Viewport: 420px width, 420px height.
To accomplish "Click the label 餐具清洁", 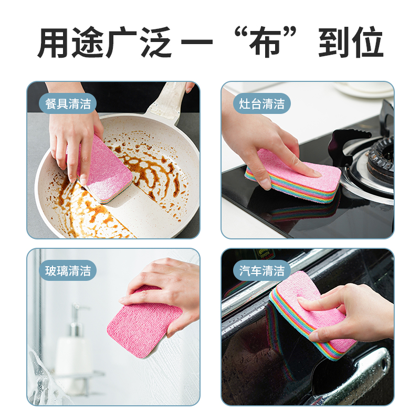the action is point(68,103).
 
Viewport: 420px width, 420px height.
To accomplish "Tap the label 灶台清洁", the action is point(261,103).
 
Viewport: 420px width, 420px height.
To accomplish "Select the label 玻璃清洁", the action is point(68,270).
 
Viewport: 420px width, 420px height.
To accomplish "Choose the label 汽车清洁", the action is point(261,270).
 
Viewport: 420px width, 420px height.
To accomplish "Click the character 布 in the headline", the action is point(265,43).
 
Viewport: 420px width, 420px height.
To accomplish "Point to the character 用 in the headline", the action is point(53,43).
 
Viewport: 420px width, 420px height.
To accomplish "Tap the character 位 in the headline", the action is point(367,43).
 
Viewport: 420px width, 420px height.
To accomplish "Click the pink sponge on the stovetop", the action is point(293,176).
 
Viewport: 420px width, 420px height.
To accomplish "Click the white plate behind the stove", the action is point(364,89).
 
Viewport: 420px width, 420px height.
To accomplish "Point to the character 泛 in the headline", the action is point(156,43).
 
